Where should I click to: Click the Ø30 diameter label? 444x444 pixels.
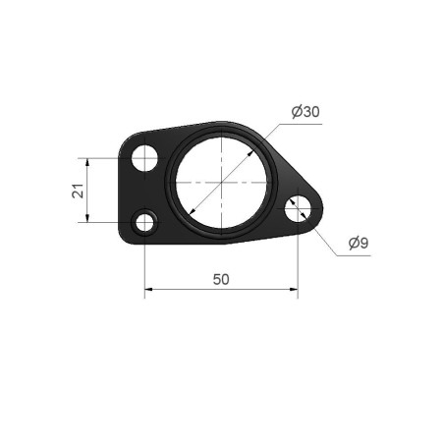(x=305, y=112)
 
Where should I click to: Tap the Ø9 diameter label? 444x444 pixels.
(x=359, y=243)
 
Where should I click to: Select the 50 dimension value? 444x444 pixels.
(x=221, y=280)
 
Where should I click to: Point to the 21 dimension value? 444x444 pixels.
(x=78, y=191)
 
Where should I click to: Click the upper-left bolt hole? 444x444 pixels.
(x=144, y=158)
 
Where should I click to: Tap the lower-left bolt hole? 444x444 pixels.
(x=144, y=222)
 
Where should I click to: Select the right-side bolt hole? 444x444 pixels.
(x=298, y=208)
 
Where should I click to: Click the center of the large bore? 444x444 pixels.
(x=221, y=182)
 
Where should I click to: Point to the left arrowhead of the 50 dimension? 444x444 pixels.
(x=148, y=289)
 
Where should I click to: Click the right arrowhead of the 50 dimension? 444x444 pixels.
(x=294, y=289)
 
